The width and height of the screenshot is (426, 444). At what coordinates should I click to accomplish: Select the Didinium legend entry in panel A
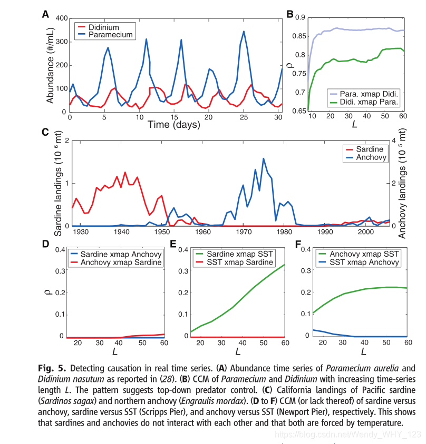(103, 27)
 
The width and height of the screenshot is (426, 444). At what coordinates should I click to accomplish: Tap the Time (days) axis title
(174, 125)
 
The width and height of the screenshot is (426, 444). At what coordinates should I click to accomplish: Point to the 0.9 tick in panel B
(300, 17)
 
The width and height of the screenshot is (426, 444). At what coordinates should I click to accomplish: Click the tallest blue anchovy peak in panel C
(264, 158)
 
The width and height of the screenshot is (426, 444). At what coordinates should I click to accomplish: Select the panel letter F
(298, 245)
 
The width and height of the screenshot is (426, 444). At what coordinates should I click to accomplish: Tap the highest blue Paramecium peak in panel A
(244, 31)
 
